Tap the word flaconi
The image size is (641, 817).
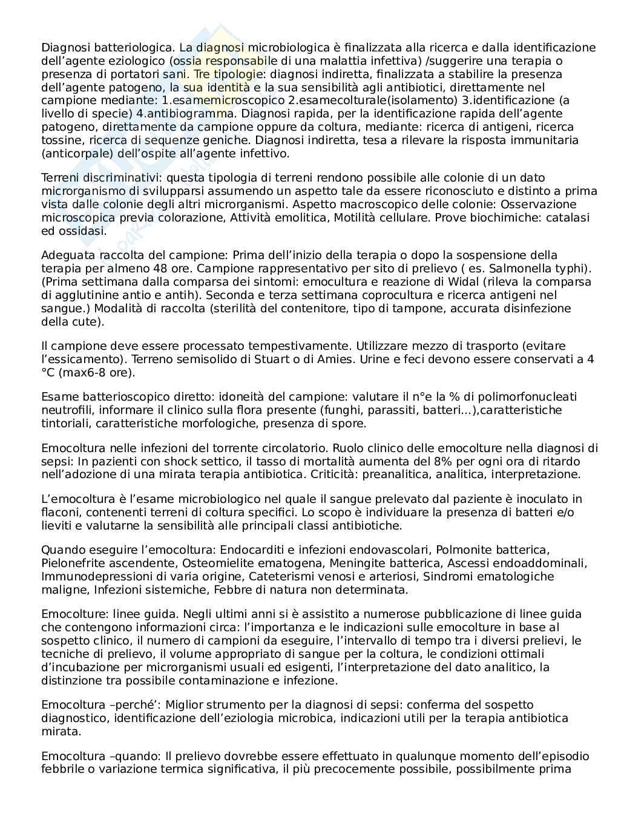(61, 512)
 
